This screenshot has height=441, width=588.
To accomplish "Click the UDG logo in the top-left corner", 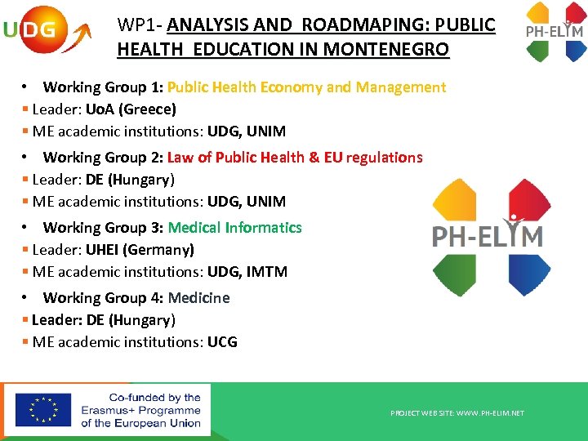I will [x=45, y=31].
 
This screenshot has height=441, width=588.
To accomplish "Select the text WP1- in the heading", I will [x=140, y=25].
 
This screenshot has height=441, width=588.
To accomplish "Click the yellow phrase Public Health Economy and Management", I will [x=306, y=87].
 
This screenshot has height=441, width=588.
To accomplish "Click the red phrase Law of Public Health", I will [x=240, y=158].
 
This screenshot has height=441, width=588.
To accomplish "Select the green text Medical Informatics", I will [x=234, y=228].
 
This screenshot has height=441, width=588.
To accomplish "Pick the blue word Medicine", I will [x=198, y=298].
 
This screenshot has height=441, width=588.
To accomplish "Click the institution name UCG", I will [x=222, y=341].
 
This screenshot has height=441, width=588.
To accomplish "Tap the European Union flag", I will [x=42, y=409].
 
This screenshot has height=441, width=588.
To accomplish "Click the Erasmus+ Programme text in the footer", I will [x=140, y=410].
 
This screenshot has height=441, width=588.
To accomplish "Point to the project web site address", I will [x=457, y=413].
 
